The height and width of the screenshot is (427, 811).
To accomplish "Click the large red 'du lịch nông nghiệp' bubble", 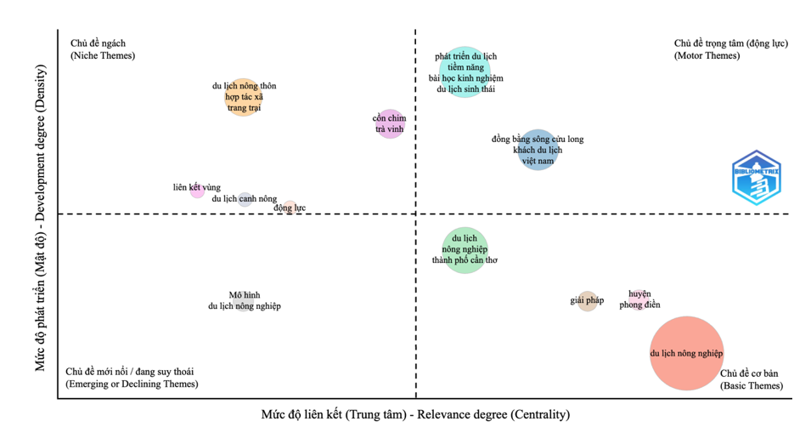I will [x=686, y=353].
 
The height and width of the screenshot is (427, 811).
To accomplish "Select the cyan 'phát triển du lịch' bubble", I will [x=465, y=72].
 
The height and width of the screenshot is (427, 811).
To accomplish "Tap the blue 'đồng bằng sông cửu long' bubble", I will [x=538, y=150].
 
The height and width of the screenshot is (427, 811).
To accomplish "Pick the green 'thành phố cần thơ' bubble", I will [x=465, y=250].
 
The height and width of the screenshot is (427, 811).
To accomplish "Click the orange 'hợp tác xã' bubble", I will [x=244, y=96].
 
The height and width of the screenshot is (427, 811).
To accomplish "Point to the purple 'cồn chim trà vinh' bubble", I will [x=390, y=124].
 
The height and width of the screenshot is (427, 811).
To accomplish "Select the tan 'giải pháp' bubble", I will [x=588, y=300].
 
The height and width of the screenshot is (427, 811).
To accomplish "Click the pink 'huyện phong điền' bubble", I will [x=639, y=299].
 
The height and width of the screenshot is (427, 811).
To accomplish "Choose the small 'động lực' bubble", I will [x=290, y=207].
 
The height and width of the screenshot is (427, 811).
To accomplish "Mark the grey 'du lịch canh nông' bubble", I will [x=245, y=199].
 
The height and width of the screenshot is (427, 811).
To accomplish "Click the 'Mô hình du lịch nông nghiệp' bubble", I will [x=245, y=300].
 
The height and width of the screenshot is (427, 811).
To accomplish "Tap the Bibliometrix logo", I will [x=756, y=178].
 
